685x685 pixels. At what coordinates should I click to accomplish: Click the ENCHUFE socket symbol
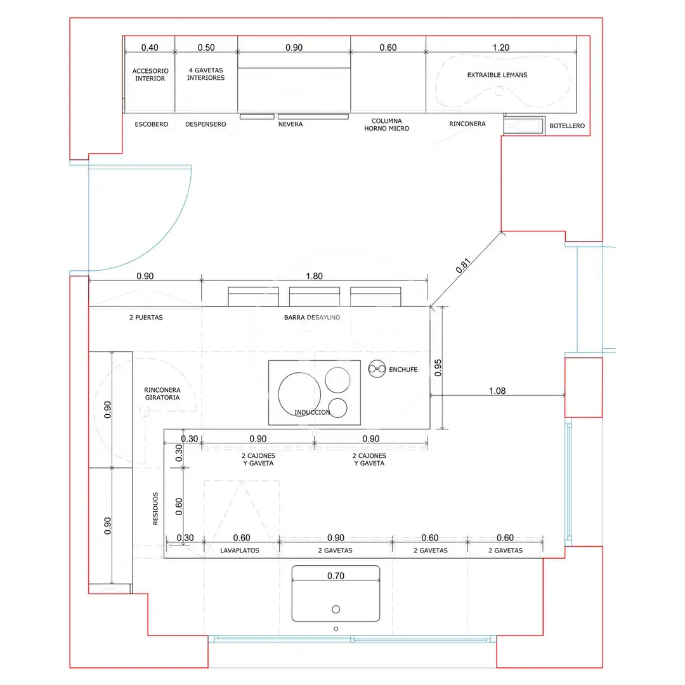pyautogui.click(x=377, y=369)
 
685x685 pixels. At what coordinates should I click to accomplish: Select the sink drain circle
pyautogui.click(x=336, y=609)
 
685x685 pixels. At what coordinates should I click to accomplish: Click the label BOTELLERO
pyautogui.click(x=566, y=126)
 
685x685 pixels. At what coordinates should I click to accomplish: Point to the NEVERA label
pyautogui.click(x=290, y=124)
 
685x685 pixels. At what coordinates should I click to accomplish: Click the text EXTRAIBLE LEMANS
pyautogui.click(x=497, y=75)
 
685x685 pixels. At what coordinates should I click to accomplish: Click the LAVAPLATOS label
pyautogui.click(x=239, y=551)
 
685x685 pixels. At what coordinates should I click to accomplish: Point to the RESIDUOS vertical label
pyautogui.click(x=155, y=509)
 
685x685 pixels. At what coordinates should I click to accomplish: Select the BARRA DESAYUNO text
pyautogui.click(x=312, y=317)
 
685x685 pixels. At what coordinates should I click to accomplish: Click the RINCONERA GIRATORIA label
pyautogui.click(x=162, y=394)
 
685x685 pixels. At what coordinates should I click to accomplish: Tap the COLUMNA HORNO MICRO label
pyautogui.click(x=387, y=124)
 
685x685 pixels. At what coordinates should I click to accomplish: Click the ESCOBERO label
pyautogui.click(x=151, y=124)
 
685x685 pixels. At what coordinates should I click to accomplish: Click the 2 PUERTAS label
pyautogui.click(x=146, y=317)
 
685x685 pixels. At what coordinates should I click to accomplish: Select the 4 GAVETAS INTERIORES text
pyautogui.click(x=205, y=74)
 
